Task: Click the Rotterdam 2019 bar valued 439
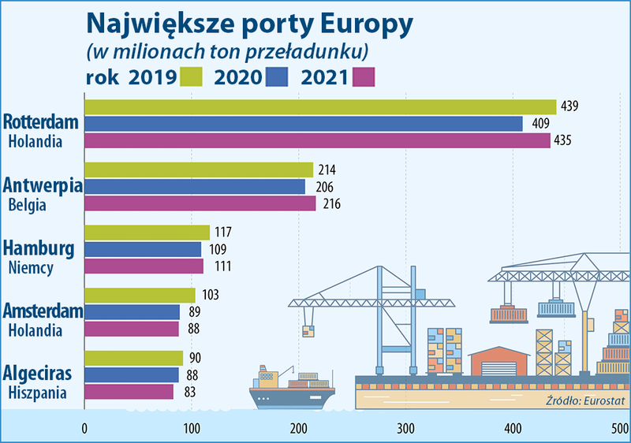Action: click(x=319, y=107)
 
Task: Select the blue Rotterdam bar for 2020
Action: click(x=303, y=124)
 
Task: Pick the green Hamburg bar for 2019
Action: click(x=147, y=233)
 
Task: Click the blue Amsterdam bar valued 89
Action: click(x=132, y=312)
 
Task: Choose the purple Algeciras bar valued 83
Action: click(x=129, y=391)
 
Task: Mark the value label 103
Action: click(x=207, y=295)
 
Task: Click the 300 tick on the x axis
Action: click(x=405, y=429)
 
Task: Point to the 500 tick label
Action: click(x=619, y=429)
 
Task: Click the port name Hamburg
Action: click(x=39, y=249)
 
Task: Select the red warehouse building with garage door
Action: click(x=496, y=363)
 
